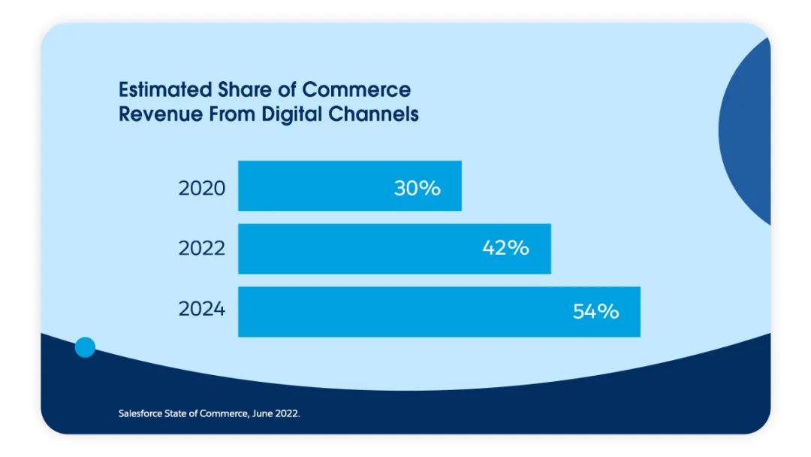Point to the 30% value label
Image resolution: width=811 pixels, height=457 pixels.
(x=417, y=188)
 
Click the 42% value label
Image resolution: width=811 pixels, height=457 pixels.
(x=505, y=248)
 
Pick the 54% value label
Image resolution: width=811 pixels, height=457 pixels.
(x=595, y=311)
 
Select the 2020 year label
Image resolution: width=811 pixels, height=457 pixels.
(x=201, y=188)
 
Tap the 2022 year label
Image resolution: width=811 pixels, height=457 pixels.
(x=201, y=248)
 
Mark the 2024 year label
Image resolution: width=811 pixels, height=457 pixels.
(x=201, y=309)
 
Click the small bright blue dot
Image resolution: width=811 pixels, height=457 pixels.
(x=86, y=347)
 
